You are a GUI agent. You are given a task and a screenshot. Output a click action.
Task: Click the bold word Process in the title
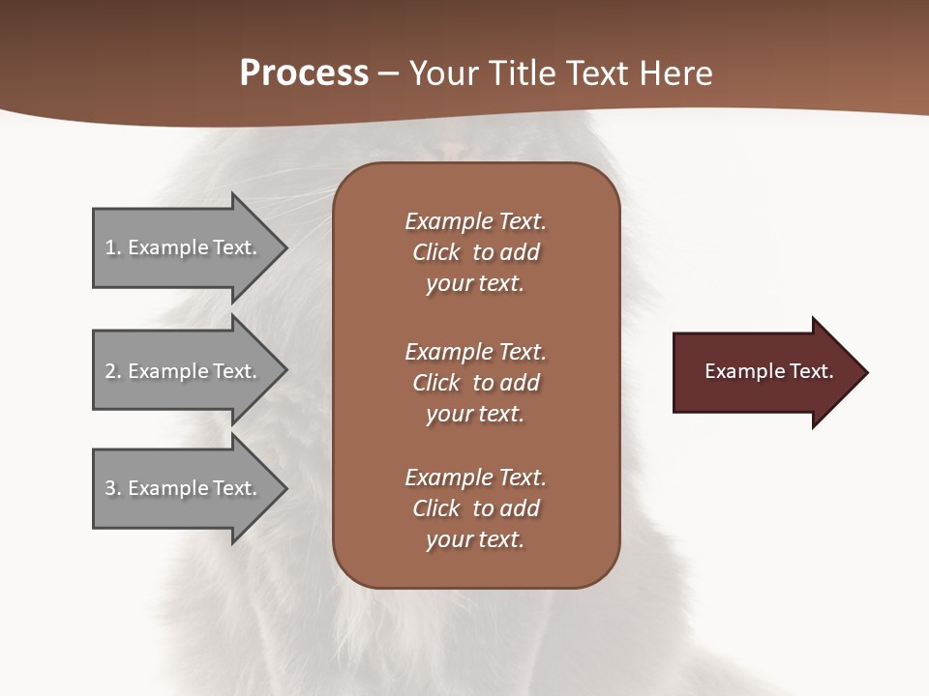[304, 73]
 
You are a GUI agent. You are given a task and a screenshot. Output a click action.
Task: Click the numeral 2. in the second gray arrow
[112, 371]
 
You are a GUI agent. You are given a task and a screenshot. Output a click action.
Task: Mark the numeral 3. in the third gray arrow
[112, 488]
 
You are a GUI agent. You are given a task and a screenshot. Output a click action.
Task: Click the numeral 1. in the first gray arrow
[112, 247]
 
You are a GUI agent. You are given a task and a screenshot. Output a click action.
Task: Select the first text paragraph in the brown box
[475, 252]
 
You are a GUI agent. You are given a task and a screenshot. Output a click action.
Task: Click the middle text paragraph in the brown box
[475, 383]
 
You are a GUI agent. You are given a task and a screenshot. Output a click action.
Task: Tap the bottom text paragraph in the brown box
[475, 508]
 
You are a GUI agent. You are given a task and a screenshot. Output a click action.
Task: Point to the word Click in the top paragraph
[435, 252]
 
